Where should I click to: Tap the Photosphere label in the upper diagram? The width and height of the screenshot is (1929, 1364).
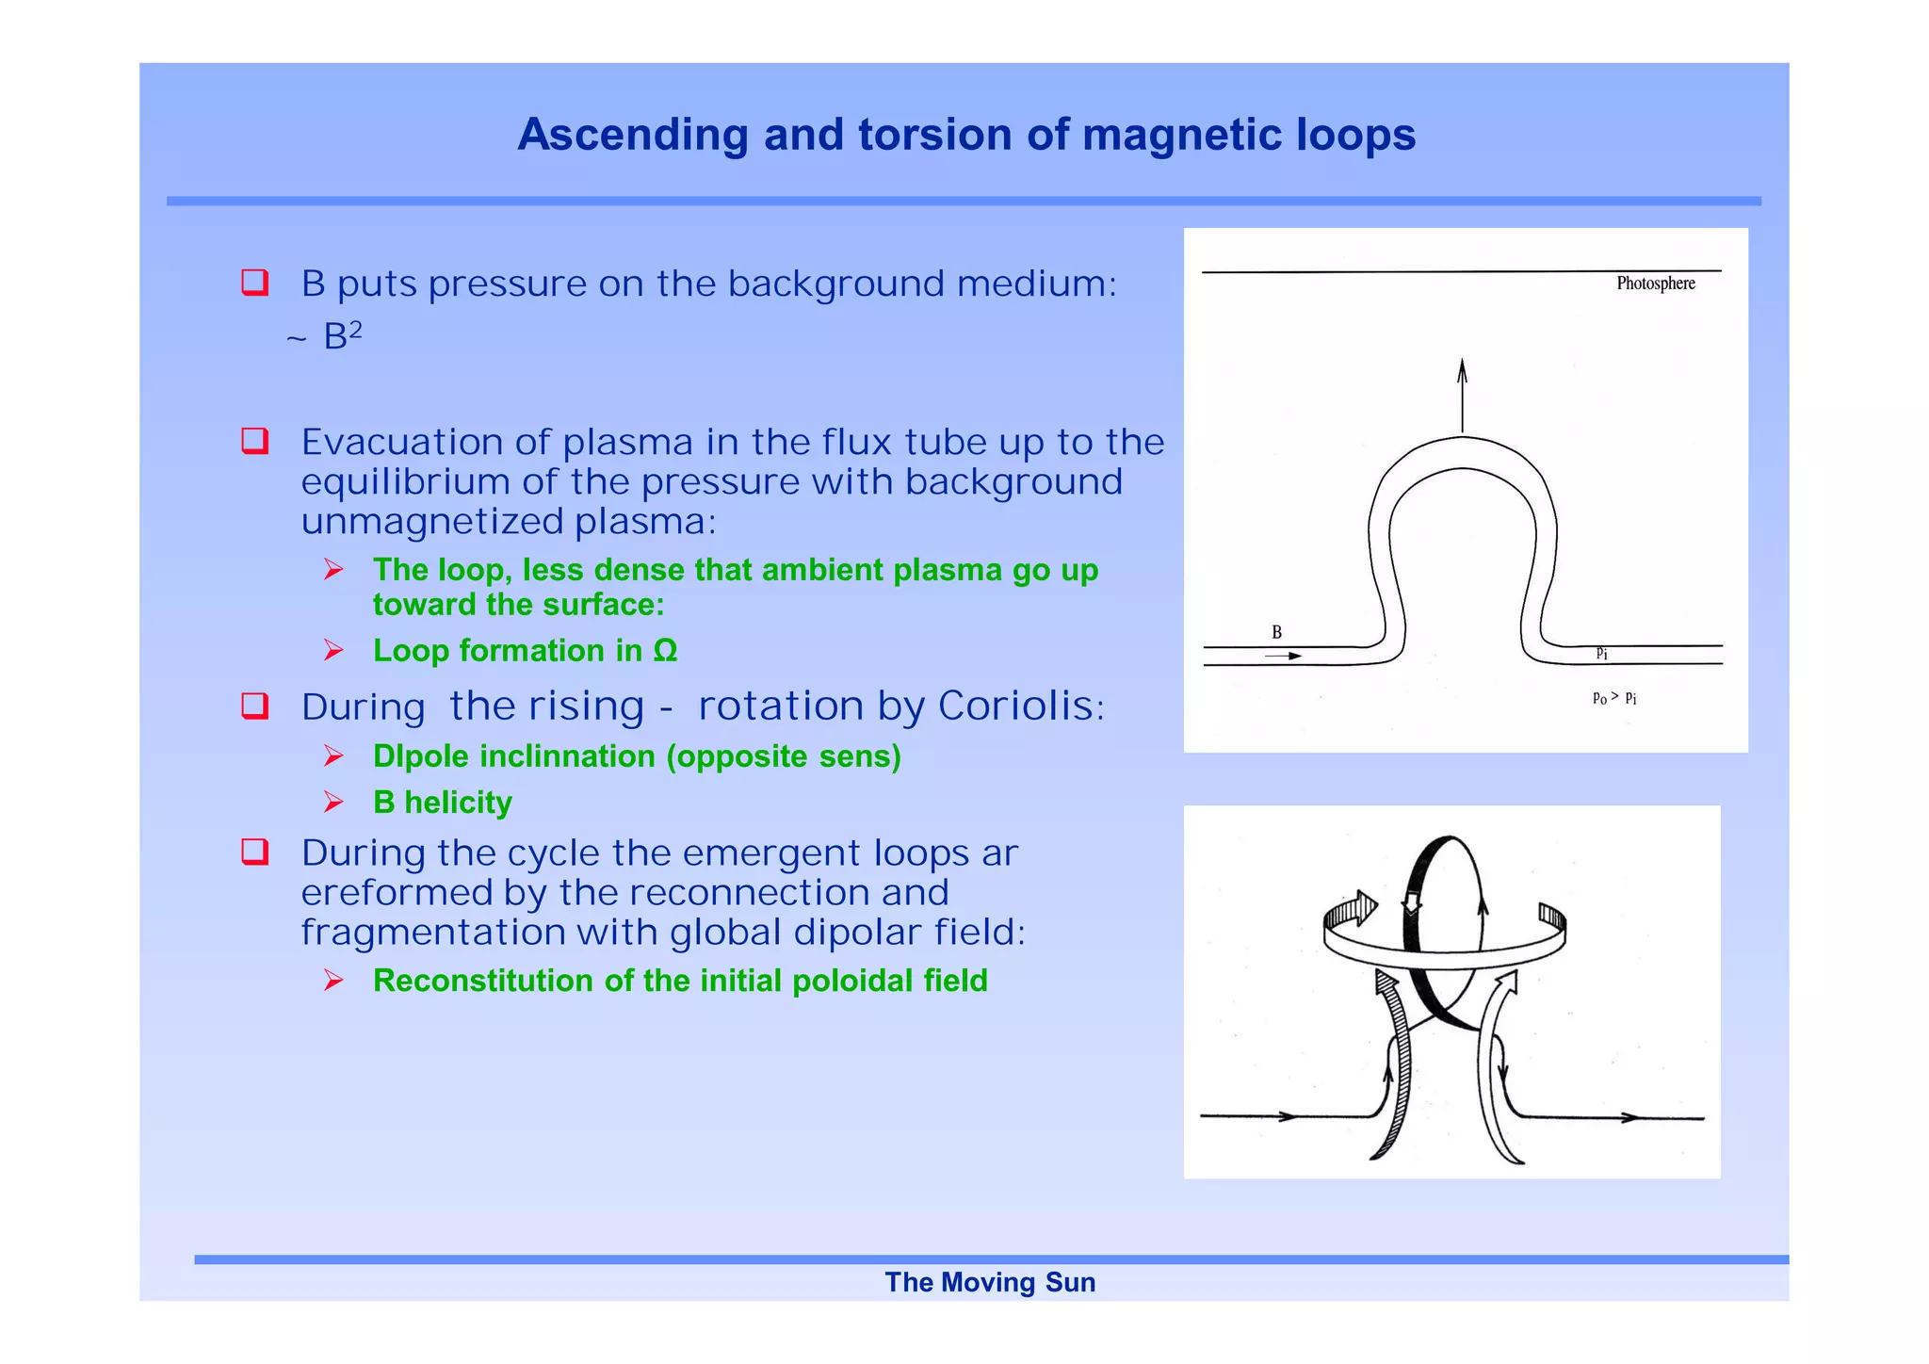point(1655,284)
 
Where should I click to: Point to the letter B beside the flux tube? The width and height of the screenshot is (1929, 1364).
point(1276,632)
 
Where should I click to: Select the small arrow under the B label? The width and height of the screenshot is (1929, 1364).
point(1283,656)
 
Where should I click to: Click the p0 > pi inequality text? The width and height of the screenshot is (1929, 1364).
point(1613,698)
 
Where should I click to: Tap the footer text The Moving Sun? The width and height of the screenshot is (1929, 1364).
point(989,1282)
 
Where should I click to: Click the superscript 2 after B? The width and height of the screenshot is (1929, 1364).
point(355,328)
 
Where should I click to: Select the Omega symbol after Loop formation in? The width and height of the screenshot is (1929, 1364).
point(665,651)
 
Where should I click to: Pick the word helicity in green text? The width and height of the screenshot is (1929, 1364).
point(458,803)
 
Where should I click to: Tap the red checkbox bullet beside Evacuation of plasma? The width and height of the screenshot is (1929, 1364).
point(255,441)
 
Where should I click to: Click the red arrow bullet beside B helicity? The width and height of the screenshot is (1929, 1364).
point(333,802)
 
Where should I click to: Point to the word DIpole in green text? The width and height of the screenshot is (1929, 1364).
point(420,756)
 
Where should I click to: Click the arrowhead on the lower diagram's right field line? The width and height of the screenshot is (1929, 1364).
point(1629,1118)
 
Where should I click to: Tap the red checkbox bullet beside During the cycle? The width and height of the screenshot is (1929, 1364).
point(255,852)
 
